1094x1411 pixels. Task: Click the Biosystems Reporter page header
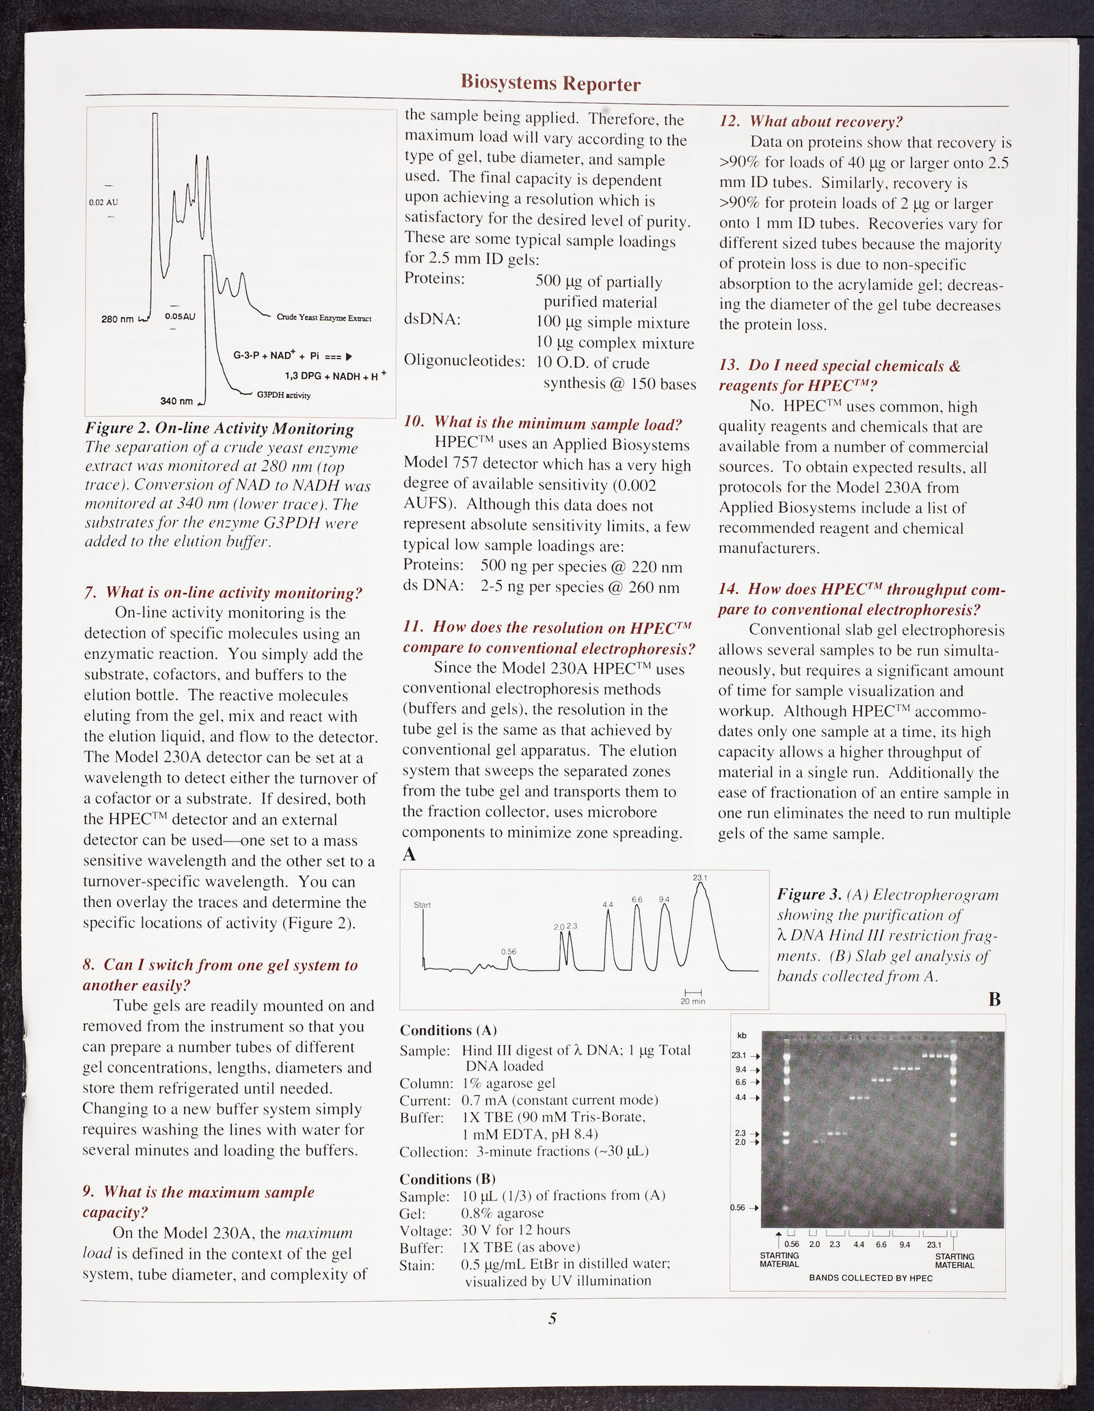(x=550, y=83)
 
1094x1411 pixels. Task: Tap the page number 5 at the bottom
(x=552, y=1319)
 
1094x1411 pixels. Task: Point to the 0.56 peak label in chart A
(x=508, y=951)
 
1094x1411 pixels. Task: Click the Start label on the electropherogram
(x=423, y=905)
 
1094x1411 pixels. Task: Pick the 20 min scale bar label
(x=693, y=1001)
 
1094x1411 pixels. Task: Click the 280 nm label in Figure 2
(x=118, y=319)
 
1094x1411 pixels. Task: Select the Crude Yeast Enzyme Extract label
(x=323, y=318)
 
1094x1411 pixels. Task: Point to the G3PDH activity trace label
(x=283, y=395)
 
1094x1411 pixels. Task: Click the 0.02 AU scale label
(x=103, y=202)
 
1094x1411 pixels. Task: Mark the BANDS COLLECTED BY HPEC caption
(x=870, y=1278)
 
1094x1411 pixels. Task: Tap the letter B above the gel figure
(x=994, y=1000)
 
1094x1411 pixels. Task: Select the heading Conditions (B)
(x=447, y=1179)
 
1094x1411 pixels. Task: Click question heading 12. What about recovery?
(x=811, y=122)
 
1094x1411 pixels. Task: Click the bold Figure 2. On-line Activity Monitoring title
(x=219, y=429)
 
